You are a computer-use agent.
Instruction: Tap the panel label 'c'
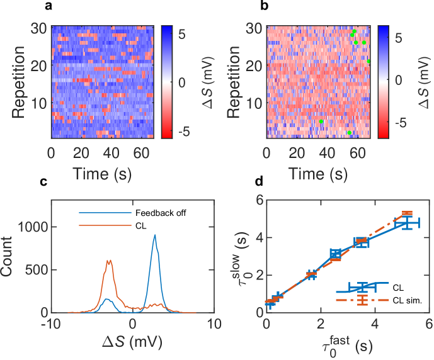coord(43,182)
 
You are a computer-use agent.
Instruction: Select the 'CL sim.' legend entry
coord(406,301)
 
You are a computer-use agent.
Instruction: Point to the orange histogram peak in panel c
coord(109,261)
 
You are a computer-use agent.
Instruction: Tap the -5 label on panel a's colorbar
coord(170,132)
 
